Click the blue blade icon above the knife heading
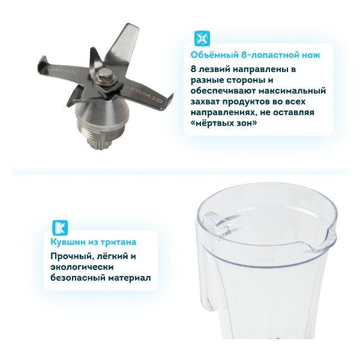[x=202, y=38]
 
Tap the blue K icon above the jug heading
[x=60, y=228]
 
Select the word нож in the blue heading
[x=311, y=55]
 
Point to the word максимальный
[x=292, y=91]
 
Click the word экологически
[x=82, y=267]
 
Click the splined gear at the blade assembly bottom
[x=99, y=143]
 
